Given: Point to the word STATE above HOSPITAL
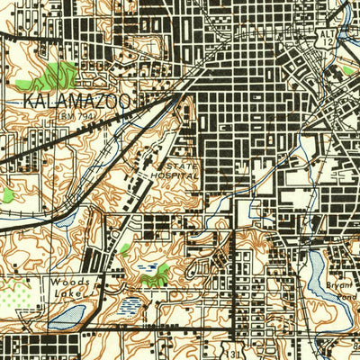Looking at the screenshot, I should tap(180, 166).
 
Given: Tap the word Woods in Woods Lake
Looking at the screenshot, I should tap(66, 282).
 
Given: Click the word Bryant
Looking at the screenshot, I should tap(343, 285).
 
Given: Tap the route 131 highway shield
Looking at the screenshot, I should tap(237, 352).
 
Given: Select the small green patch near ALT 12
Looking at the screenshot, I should tap(348, 69).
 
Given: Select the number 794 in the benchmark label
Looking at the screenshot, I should tap(93, 116).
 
